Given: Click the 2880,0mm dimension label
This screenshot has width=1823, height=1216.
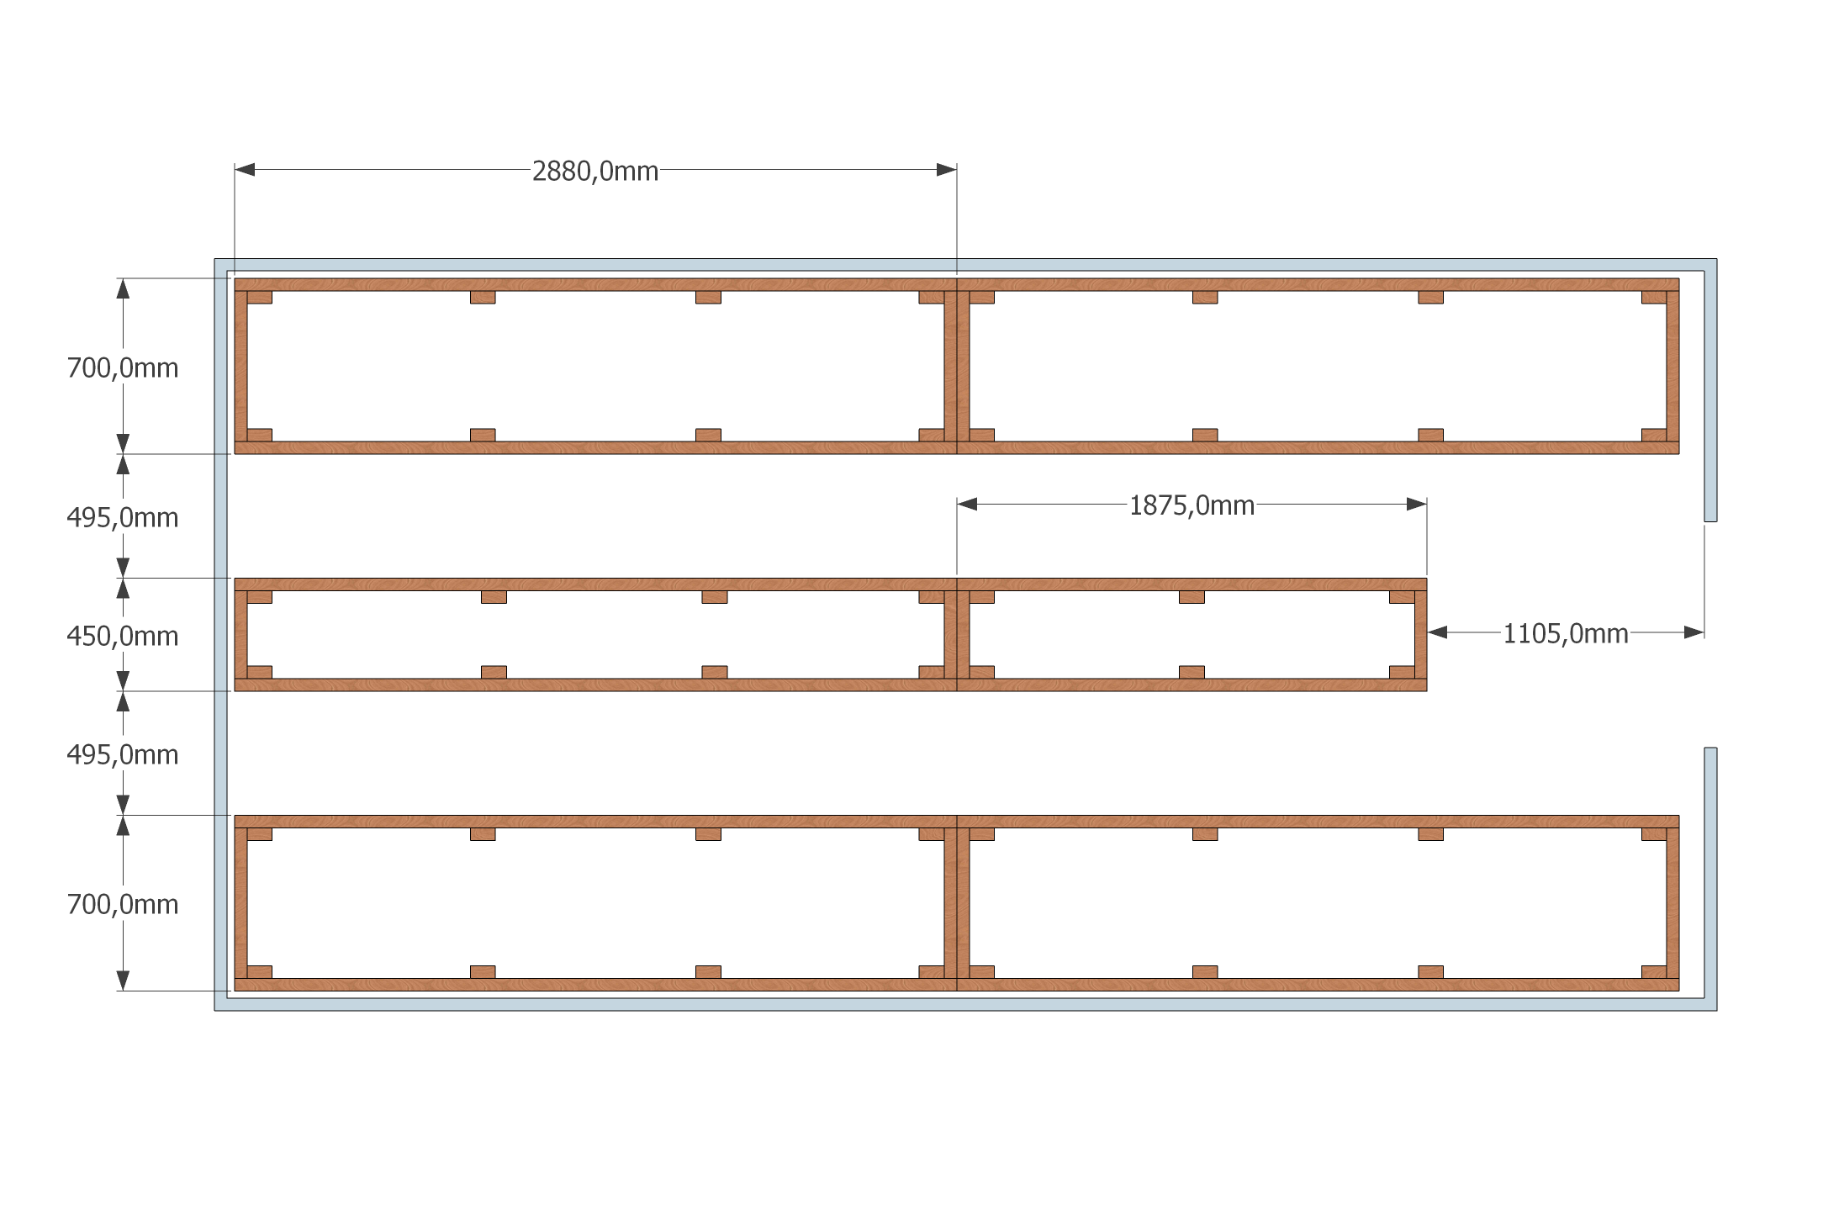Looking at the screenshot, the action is [595, 172].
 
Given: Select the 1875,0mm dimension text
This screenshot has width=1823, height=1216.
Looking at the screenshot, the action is [1192, 505].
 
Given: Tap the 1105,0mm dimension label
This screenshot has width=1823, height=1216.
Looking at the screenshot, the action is [1566, 633].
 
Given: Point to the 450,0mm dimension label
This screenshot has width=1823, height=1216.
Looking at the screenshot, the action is [123, 636].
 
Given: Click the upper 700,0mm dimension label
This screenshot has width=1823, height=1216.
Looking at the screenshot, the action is [123, 367].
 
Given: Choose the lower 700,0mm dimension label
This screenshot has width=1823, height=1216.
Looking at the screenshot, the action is [123, 904].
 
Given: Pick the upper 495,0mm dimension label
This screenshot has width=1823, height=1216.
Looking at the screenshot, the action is [123, 517].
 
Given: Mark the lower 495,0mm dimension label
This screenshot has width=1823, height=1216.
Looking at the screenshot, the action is [123, 754].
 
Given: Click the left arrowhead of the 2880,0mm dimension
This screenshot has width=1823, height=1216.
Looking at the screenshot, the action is [245, 170].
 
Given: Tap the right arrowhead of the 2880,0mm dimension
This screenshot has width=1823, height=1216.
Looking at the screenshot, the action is [947, 170].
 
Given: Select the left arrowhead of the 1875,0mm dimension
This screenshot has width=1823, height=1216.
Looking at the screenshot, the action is [967, 505].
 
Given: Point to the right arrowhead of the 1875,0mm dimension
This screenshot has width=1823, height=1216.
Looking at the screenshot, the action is [1417, 505].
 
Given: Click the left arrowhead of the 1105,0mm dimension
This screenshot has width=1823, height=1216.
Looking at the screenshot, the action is [1438, 632].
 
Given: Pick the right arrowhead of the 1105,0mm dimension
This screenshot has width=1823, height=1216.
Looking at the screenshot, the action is [1694, 632].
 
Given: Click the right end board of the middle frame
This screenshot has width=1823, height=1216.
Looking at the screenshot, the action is [1421, 635].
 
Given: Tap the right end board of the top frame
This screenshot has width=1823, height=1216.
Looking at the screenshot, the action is [1672, 366].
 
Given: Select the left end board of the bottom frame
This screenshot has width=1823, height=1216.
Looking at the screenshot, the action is [240, 902].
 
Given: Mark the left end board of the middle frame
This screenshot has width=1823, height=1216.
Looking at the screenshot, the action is [240, 635].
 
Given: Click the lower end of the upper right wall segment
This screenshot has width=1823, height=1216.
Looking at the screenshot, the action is [1710, 521].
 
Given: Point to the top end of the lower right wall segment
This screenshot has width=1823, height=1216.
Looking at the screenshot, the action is [1710, 748].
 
